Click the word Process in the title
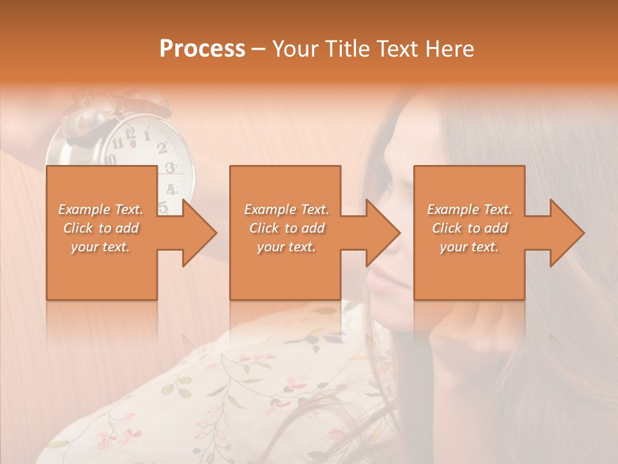click(x=202, y=49)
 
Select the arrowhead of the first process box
click(x=200, y=233)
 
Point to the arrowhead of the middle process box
click(x=383, y=233)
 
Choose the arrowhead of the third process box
click(x=567, y=233)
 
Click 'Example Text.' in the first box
click(x=101, y=209)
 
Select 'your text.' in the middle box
click(x=286, y=247)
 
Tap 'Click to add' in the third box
click(x=470, y=228)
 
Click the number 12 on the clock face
click(x=131, y=134)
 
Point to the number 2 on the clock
click(x=162, y=148)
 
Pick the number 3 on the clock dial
click(x=170, y=168)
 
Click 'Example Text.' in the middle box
click(x=286, y=209)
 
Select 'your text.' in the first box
click(x=101, y=247)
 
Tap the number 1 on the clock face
click(x=147, y=135)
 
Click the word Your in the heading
click(x=294, y=49)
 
